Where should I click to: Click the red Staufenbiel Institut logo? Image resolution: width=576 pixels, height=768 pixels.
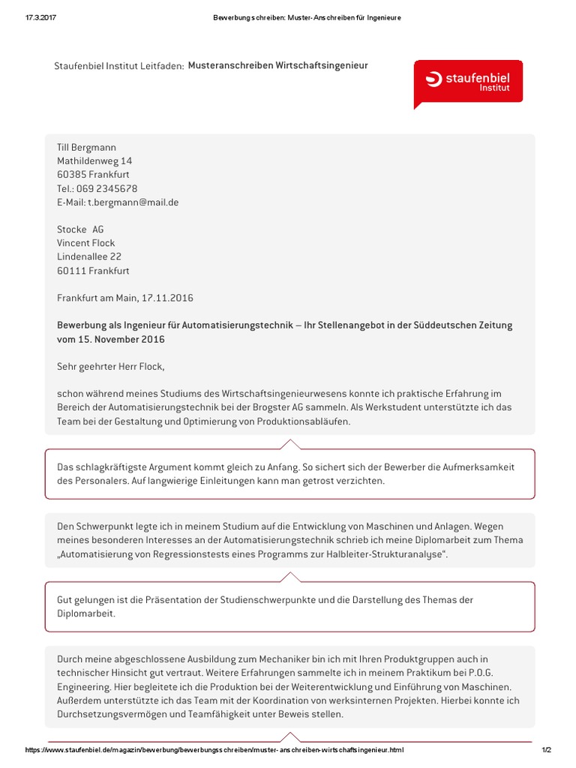468,82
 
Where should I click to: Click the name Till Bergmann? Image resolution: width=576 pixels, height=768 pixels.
87,148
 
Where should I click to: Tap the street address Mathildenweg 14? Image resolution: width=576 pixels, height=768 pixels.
94,161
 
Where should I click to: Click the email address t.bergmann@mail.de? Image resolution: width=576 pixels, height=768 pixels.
133,202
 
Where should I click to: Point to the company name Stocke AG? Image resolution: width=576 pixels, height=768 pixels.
80,229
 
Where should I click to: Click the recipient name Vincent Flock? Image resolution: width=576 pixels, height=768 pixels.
86,243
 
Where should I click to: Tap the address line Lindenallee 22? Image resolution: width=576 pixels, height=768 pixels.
89,256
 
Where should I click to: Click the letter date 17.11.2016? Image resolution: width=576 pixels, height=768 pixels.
167,298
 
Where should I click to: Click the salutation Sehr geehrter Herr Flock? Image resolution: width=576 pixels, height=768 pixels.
110,367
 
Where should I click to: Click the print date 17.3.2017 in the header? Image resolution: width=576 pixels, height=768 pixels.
30,18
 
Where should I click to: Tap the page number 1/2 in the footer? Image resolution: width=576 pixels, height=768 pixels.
546,750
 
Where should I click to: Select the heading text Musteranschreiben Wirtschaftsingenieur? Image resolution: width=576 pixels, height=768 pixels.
277,66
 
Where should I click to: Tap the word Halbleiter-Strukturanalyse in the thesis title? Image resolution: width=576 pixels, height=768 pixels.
370,553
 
